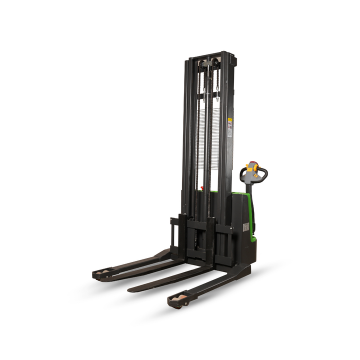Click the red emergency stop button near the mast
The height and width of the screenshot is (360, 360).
click(202, 189)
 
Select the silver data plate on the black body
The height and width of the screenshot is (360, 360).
click(246, 227)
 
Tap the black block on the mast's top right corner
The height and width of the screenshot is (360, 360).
click(231, 57)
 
